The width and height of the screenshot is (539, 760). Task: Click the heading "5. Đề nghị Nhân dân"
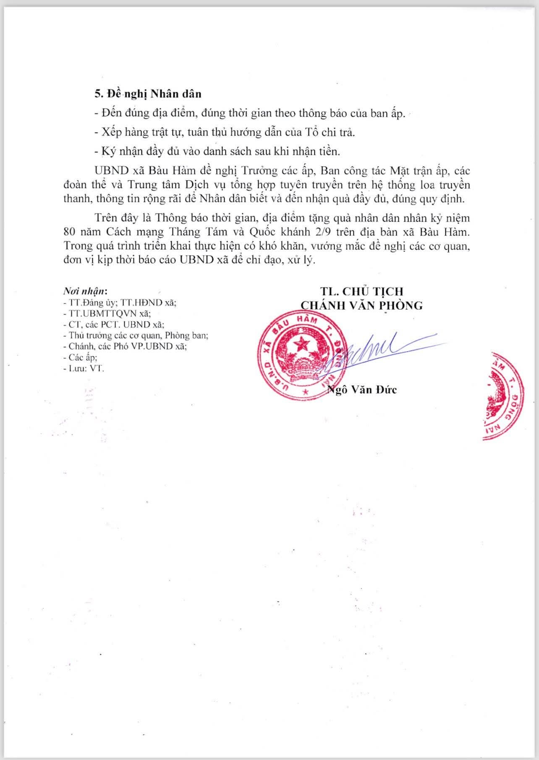147,94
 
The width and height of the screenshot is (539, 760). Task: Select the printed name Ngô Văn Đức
362,390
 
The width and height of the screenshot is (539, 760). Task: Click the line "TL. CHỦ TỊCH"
361,291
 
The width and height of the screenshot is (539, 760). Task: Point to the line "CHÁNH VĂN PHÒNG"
361,305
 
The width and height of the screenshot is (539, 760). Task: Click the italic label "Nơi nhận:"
85,291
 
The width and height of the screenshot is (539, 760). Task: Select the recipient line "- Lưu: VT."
83,369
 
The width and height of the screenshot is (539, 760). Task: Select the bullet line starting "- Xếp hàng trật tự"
225,132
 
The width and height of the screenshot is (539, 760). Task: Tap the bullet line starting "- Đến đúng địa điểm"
250,113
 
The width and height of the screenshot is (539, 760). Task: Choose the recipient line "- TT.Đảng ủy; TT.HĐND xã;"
120,302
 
